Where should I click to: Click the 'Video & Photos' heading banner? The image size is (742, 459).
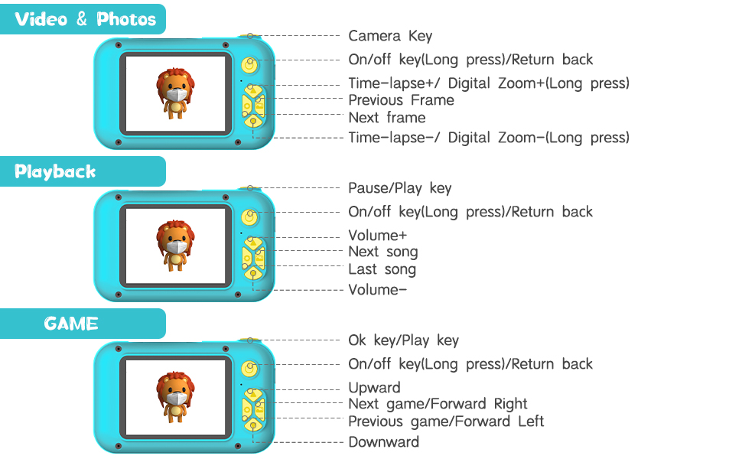pos(85,19)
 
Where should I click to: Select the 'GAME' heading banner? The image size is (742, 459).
pos(71,324)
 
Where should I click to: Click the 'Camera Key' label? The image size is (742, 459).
pos(390,36)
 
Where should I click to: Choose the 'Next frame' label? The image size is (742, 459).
pos(387,118)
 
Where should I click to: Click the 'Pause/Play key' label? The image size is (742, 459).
pos(400,188)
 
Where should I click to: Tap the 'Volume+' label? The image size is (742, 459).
pos(378,236)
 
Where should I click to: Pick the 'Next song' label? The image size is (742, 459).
pos(383,252)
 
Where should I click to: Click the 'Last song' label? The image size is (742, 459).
pos(382,269)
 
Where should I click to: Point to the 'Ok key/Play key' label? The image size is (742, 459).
pos(404,340)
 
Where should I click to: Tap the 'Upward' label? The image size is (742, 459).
pos(375,388)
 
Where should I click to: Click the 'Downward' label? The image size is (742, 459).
pos(384,442)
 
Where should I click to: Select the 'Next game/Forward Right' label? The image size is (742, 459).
pos(438,404)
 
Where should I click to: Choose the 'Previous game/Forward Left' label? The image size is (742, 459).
pos(446,422)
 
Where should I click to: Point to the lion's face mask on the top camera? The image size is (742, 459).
pos(177,96)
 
